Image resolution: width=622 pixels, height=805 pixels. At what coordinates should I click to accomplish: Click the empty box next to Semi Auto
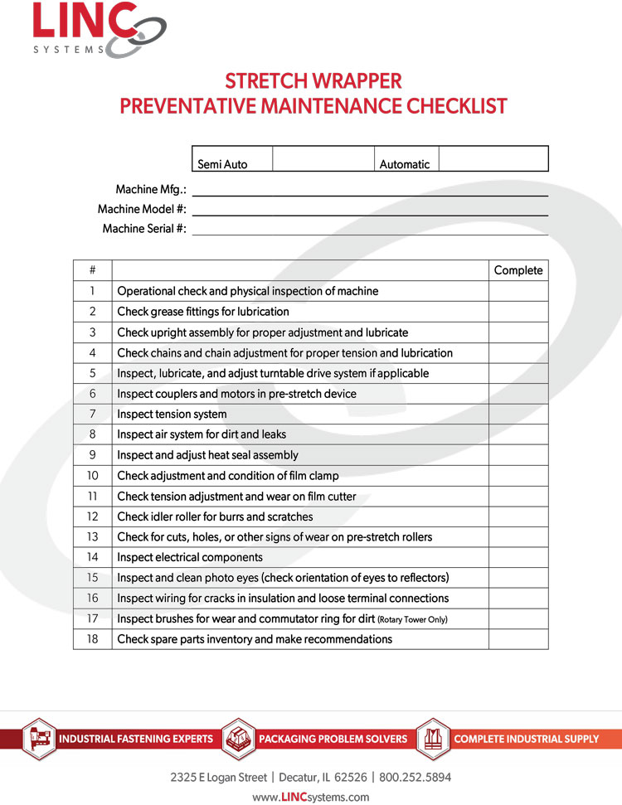click(x=323, y=159)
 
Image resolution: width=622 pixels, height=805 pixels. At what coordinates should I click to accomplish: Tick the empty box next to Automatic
click(x=493, y=159)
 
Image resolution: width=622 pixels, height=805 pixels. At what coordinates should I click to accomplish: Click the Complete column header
click(x=518, y=271)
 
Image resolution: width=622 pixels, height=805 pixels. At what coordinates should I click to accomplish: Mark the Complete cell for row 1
click(x=518, y=291)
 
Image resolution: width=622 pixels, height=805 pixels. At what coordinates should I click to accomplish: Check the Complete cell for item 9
click(x=518, y=455)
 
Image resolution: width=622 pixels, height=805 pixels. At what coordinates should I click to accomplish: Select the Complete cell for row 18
click(x=518, y=639)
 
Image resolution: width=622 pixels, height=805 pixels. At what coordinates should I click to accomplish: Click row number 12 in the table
click(x=92, y=516)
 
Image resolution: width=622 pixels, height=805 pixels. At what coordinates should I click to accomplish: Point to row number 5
click(x=92, y=373)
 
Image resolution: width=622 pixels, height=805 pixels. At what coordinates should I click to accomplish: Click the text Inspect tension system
click(x=172, y=415)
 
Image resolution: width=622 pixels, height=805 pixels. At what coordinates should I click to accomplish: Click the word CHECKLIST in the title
click(x=455, y=106)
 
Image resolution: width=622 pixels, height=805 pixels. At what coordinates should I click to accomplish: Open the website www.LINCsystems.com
click(x=311, y=797)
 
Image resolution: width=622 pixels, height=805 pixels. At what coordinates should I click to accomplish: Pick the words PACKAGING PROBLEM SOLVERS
click(x=333, y=739)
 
